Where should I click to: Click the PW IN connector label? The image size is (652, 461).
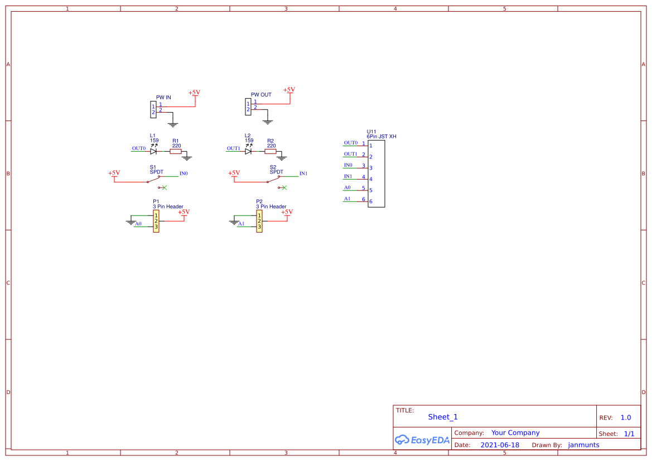[x=163, y=97]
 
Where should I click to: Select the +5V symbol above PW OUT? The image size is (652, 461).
[x=289, y=90]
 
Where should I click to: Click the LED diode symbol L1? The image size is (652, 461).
[x=153, y=151]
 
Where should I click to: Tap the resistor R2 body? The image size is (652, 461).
[x=271, y=151]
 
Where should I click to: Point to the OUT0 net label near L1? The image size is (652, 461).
[x=138, y=148]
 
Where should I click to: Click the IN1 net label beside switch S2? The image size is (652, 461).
[x=303, y=174]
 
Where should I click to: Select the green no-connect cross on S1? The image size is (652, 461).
[x=164, y=188]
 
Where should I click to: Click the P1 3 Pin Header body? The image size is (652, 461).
[x=156, y=221]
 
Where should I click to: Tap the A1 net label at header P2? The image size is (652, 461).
[x=241, y=224]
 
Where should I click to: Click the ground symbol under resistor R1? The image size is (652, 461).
[x=187, y=159]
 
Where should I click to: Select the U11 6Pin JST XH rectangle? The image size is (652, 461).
[x=376, y=174]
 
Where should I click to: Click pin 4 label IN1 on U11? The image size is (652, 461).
[x=348, y=176]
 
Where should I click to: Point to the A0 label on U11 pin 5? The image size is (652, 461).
[x=347, y=188]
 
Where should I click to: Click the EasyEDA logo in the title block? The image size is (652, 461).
[x=422, y=440]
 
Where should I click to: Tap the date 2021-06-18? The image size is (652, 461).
[x=499, y=445]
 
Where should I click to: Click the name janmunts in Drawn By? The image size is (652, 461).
[x=583, y=445]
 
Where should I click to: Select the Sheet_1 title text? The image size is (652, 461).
[x=443, y=417]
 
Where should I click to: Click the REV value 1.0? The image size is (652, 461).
[x=626, y=417]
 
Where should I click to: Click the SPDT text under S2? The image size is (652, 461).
[x=277, y=172]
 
